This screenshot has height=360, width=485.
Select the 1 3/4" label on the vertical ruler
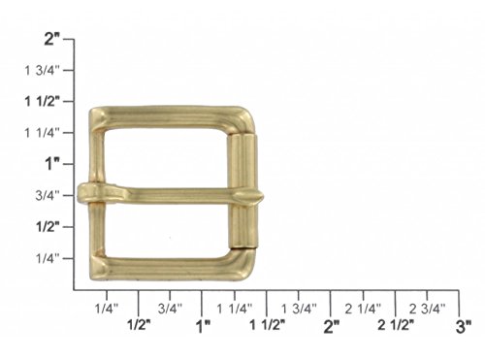pyautogui.click(x=44, y=70)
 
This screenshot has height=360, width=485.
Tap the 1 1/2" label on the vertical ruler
pyautogui.click(x=44, y=101)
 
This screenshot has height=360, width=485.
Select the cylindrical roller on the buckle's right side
pyautogui.click(x=245, y=195)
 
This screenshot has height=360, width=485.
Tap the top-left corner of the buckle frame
pyautogui.click(x=95, y=115)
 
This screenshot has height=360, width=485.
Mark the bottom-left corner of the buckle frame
pyautogui.click(x=95, y=271)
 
